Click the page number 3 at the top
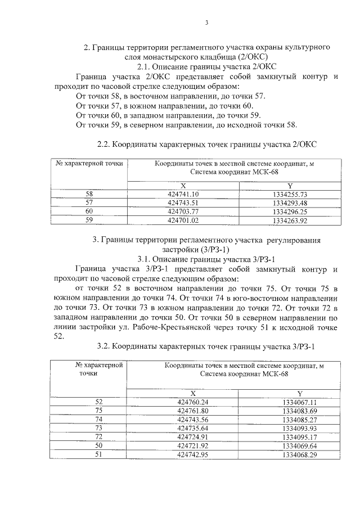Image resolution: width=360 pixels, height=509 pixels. [206, 22]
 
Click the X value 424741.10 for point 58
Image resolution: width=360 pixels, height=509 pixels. [183, 193]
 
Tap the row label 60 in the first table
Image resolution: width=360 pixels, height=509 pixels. [89, 211]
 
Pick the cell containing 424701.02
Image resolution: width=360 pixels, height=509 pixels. [183, 220]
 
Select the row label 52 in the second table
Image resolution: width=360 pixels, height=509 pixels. [100, 402]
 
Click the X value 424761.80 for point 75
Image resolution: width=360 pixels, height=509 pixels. [192, 411]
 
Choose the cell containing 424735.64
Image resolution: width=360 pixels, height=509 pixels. [192, 428]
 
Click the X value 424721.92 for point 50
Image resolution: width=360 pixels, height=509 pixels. [192, 445]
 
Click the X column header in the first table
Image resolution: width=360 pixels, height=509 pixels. [183, 185]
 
